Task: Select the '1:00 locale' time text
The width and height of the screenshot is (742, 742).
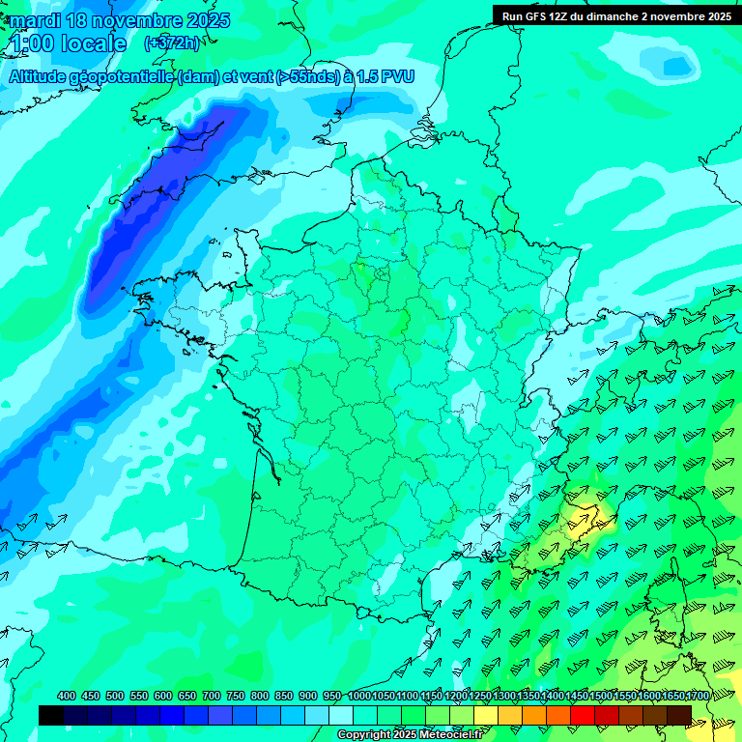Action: pos(68,43)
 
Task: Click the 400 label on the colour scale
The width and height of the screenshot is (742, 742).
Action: pos(67,697)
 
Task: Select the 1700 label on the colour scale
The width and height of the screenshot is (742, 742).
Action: pos(697,697)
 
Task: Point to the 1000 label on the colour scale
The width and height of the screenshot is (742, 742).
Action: pos(358,697)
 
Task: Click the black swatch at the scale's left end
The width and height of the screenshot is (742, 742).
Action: pos(51,715)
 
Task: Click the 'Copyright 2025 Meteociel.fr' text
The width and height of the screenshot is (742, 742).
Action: pos(411,735)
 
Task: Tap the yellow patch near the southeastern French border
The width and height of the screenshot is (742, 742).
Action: pos(584,522)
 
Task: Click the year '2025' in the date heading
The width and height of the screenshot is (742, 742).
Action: pos(204,20)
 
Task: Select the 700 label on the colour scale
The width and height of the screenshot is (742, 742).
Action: pos(212,697)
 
